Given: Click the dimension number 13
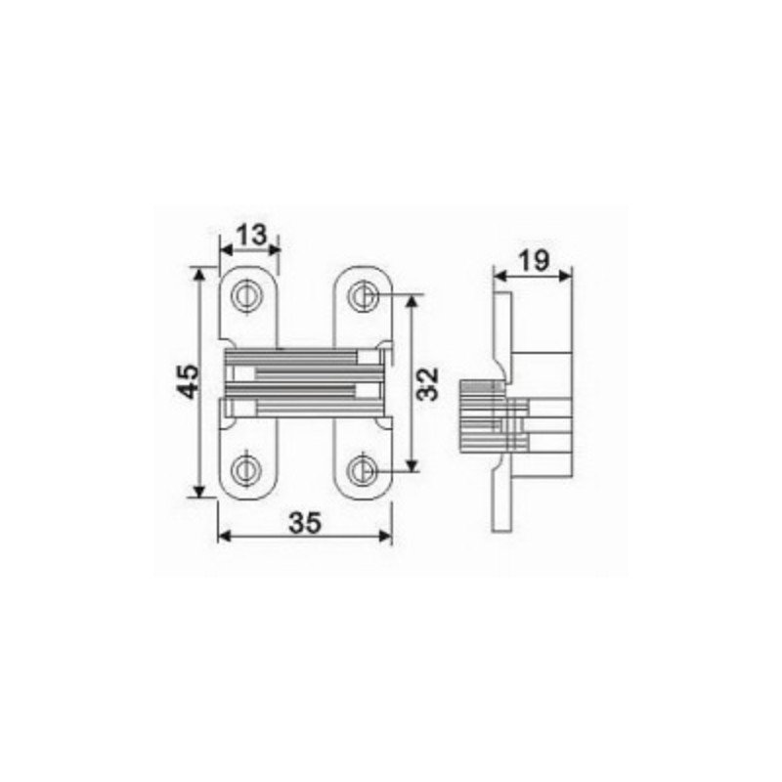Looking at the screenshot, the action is coord(251,235).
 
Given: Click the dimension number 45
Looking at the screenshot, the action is coord(189,381).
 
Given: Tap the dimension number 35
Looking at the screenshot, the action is coord(305,523).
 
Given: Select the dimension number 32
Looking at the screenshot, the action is coord(428,383).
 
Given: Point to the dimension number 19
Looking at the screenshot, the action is coord(534,260).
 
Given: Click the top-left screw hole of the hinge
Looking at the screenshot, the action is coord(247,295).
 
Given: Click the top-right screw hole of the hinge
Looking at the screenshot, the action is coord(363,295).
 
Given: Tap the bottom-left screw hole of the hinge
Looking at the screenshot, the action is coord(247,469).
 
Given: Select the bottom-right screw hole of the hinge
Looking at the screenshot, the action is coord(363,470).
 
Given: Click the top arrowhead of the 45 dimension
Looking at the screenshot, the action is coord(199,275).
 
